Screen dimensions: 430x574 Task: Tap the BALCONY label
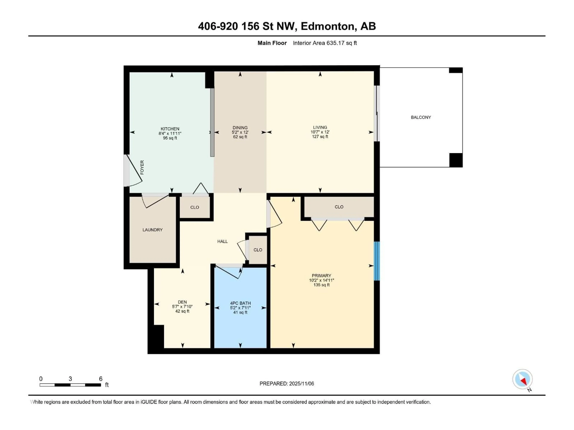(421, 117)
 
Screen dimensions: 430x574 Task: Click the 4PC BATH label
(240, 303)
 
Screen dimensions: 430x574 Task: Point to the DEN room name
(182, 302)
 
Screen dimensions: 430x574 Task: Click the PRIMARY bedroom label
(321, 275)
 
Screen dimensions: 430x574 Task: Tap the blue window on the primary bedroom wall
(377, 261)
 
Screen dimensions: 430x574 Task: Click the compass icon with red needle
(522, 379)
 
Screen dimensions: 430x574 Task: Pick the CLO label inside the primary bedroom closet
(339, 207)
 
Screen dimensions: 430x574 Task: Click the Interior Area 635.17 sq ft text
(325, 43)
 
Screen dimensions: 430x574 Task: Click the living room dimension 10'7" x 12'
(320, 132)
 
